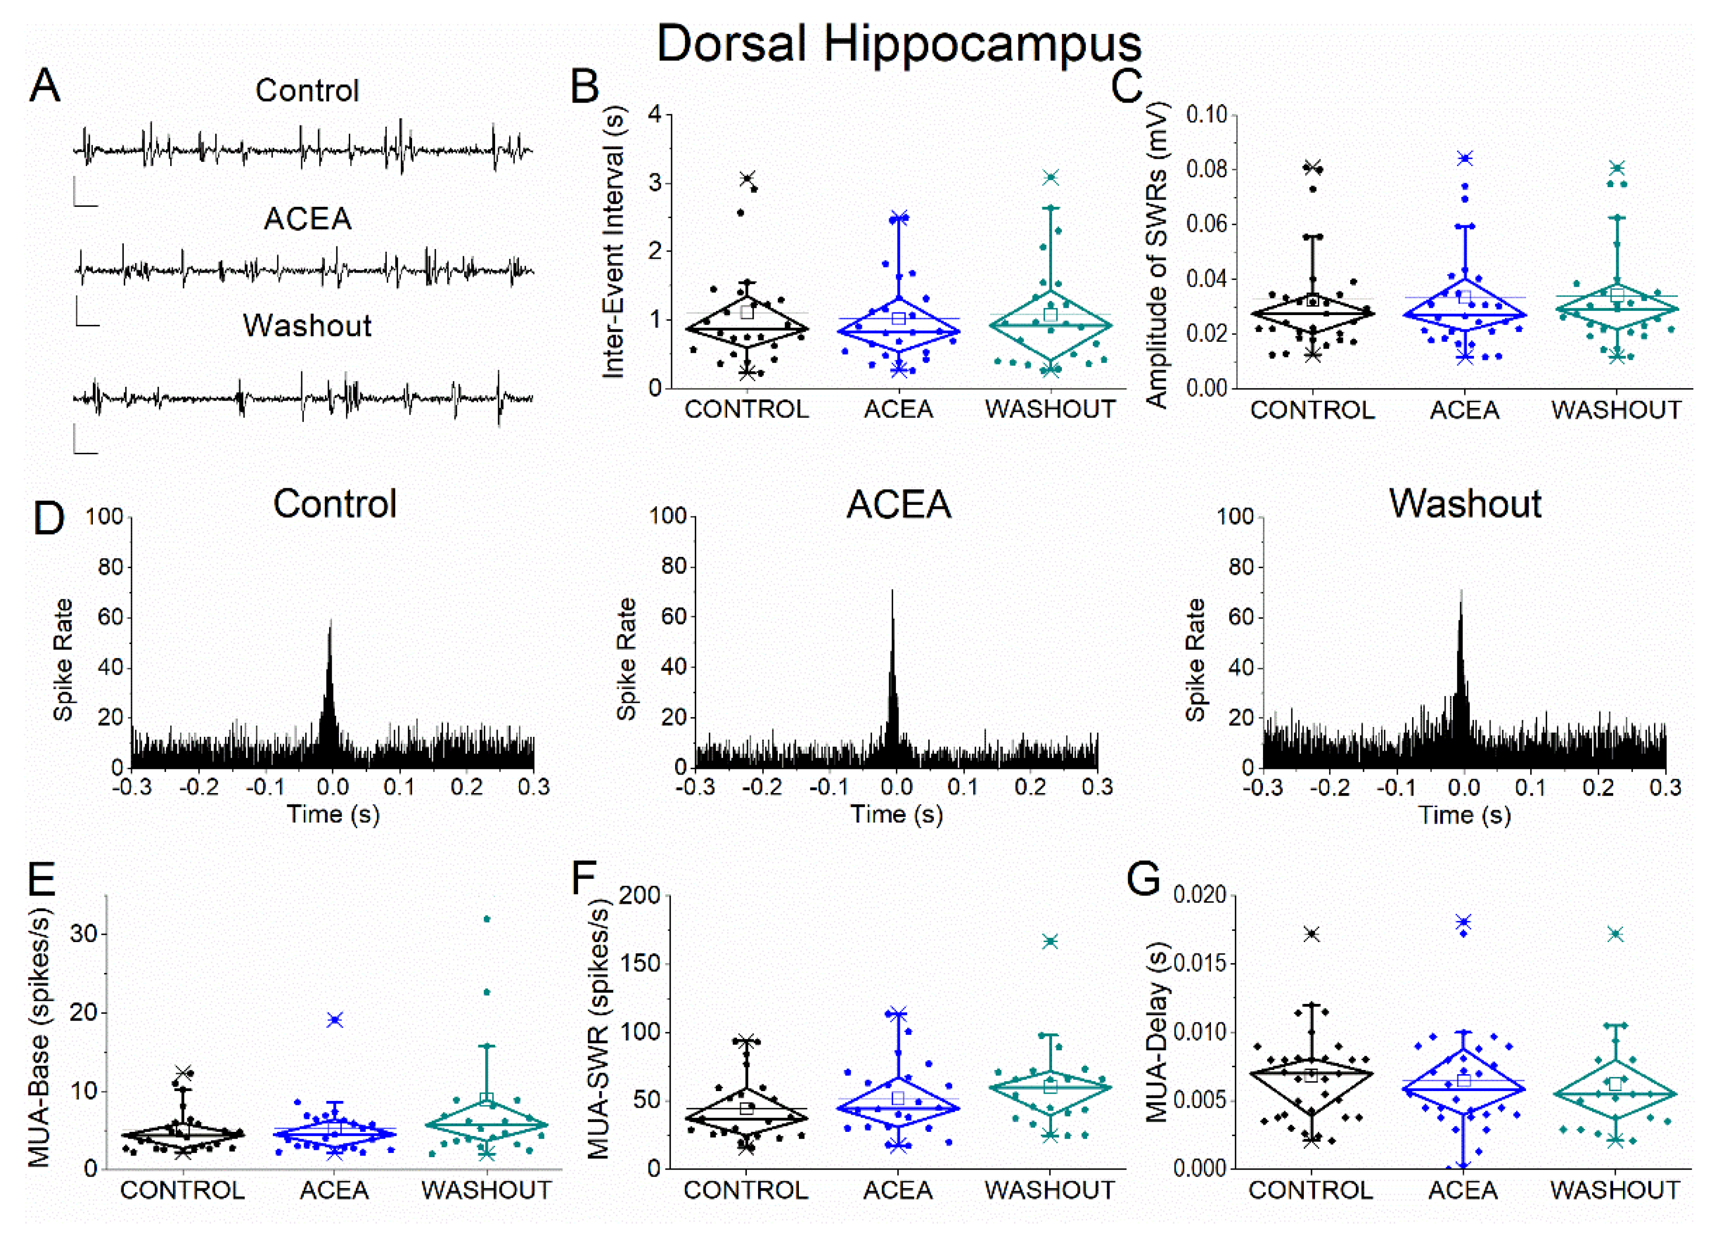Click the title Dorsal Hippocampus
tap(898, 44)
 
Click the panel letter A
tap(45, 86)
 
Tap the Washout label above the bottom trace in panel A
tap(307, 326)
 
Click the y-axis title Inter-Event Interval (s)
tap(614, 243)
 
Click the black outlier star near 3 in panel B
tap(748, 179)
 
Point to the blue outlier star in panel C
tap(1464, 158)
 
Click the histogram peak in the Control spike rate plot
tap(331, 622)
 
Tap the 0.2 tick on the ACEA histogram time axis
tap(1030, 787)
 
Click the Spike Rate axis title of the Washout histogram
tap(1195, 660)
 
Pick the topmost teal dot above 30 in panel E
tap(487, 919)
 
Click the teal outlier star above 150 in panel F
tap(1051, 942)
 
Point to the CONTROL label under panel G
tap(1311, 1191)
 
